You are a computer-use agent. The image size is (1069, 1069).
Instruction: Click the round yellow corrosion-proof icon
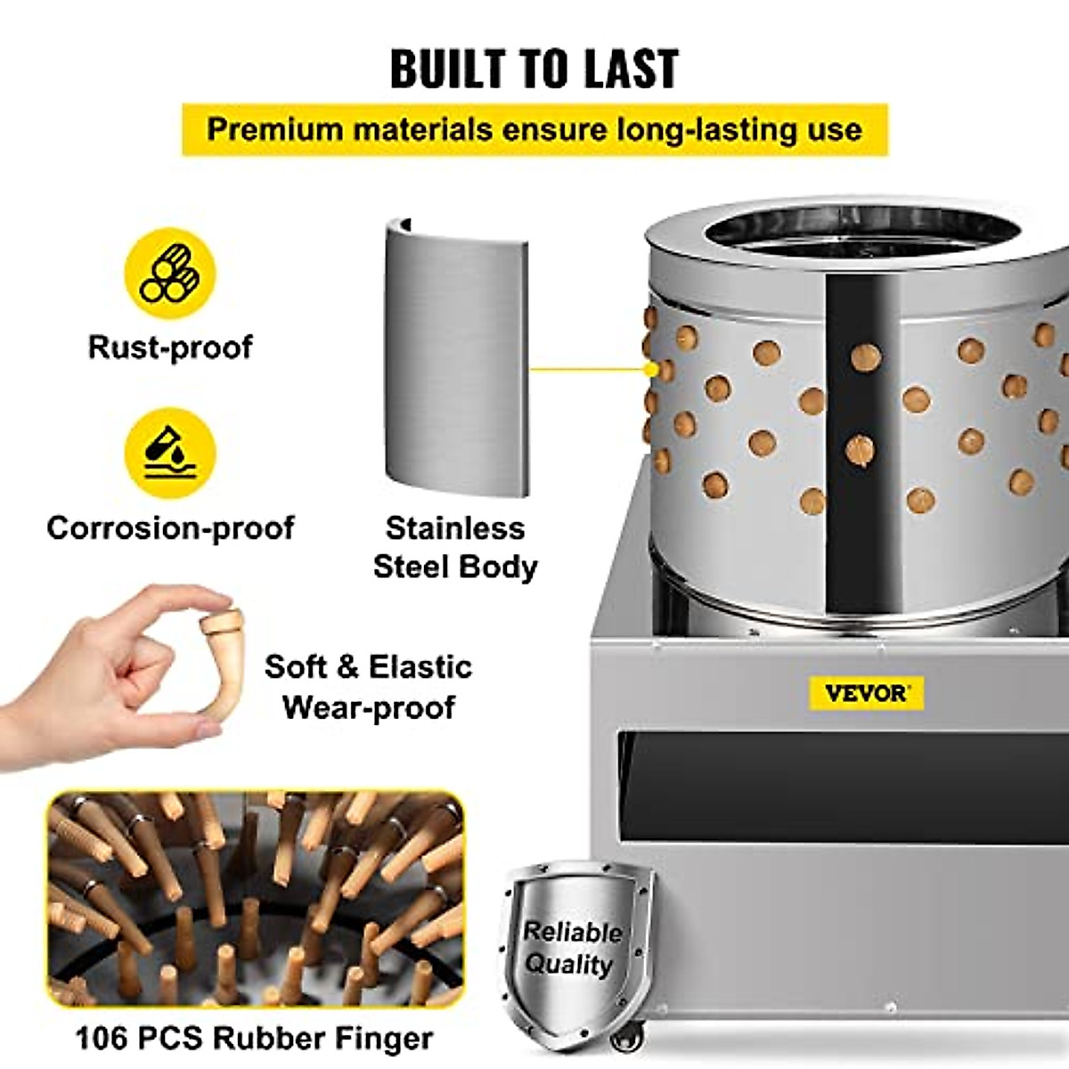pyautogui.click(x=170, y=453)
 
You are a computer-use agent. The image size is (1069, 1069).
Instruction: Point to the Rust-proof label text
pyautogui.click(x=170, y=347)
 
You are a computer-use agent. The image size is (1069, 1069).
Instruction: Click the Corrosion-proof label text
pyautogui.click(x=170, y=527)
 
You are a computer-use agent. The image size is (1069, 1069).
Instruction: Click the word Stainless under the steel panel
pyautogui.click(x=455, y=527)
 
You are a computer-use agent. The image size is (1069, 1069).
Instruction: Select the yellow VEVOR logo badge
pyautogui.click(x=866, y=693)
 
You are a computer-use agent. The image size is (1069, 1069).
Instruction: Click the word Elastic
pyautogui.click(x=420, y=666)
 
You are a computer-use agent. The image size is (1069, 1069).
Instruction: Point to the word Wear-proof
pyautogui.click(x=369, y=707)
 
